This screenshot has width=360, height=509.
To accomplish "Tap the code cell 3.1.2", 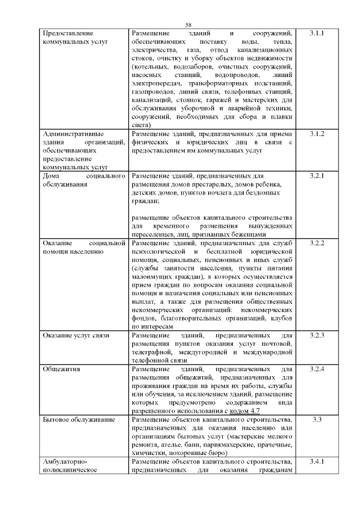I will pyautogui.click(x=317, y=134).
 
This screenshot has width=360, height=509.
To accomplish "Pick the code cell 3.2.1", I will pyautogui.click(x=317, y=176).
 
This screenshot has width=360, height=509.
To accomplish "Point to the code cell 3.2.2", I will pyautogui.click(x=317, y=243).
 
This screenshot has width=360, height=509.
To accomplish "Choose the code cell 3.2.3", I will pyautogui.click(x=317, y=336).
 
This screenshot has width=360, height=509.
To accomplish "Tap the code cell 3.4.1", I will pyautogui.click(x=317, y=462).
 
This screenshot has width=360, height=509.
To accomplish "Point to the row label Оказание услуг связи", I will pyautogui.click(x=76, y=336).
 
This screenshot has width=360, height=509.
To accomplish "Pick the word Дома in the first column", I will pyautogui.click(x=52, y=176).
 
